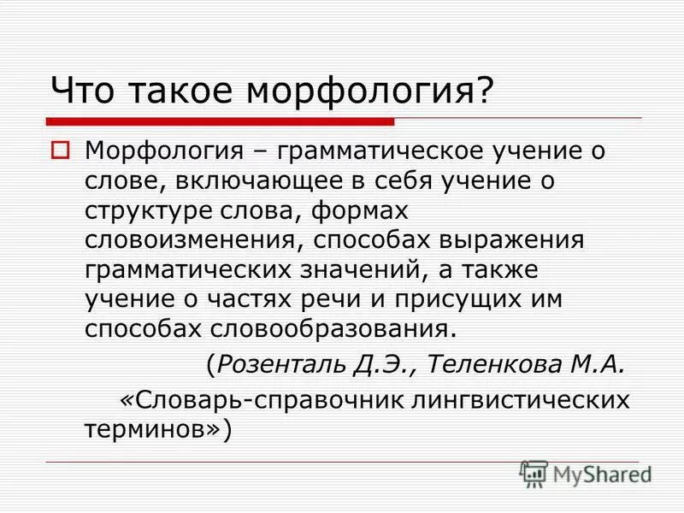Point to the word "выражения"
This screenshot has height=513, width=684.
click(x=503, y=239)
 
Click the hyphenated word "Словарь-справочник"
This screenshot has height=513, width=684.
click(x=262, y=398)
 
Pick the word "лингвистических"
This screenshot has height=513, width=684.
click(x=511, y=398)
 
